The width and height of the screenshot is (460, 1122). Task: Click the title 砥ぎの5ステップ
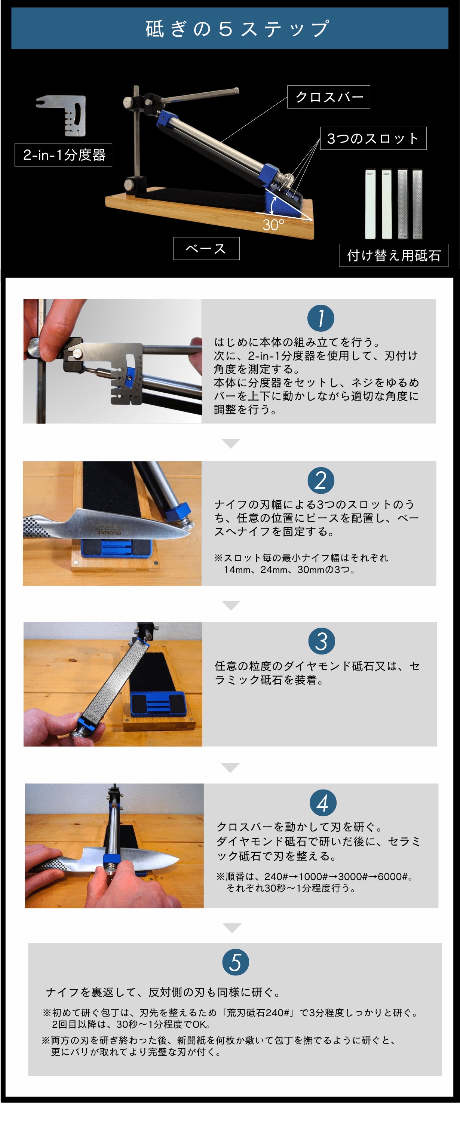point(237,29)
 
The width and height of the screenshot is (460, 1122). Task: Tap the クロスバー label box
point(328,97)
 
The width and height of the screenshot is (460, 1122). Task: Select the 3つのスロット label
point(373,138)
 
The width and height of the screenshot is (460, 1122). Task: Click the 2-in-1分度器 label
point(64,154)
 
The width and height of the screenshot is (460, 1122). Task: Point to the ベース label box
point(206,248)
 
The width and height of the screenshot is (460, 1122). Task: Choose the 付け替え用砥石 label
point(393,255)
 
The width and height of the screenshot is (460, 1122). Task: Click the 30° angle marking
point(273,225)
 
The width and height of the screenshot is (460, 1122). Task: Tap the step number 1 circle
point(321,318)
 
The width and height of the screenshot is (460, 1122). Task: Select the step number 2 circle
point(321,481)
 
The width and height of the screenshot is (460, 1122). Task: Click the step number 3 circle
point(322,641)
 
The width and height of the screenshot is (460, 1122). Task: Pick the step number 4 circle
point(323,803)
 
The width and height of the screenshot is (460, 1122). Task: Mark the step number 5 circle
point(236,962)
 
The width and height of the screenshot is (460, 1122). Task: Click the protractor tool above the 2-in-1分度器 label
point(61,116)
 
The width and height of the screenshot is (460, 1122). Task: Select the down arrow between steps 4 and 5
point(232,928)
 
